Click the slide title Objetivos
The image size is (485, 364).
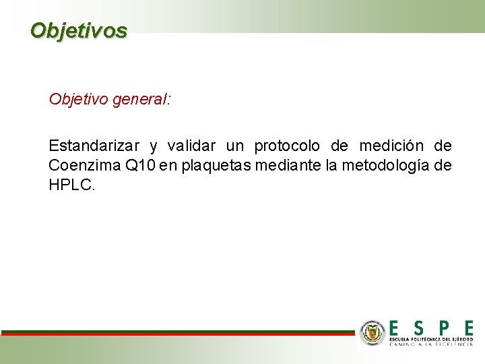point(78,30)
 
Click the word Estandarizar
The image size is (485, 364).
point(94,146)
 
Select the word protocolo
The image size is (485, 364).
point(287,146)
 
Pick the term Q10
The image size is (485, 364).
point(141,165)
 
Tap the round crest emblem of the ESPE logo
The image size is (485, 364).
point(372,332)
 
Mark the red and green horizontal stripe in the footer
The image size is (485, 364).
point(176,332)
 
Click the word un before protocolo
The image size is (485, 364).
point(233,146)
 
